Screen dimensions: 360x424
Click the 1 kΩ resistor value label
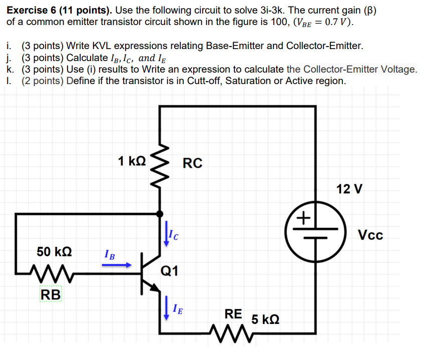tap(132, 161)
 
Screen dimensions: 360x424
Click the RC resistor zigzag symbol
tap(160, 169)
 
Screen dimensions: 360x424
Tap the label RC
tap(193, 163)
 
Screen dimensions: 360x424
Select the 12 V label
tap(350, 189)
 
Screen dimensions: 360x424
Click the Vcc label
tap(370, 235)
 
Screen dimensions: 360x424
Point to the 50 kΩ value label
tap(54, 251)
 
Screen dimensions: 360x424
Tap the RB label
tap(50, 294)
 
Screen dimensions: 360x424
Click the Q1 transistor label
tap(169, 272)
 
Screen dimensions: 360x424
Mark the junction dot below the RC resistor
tap(160, 214)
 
